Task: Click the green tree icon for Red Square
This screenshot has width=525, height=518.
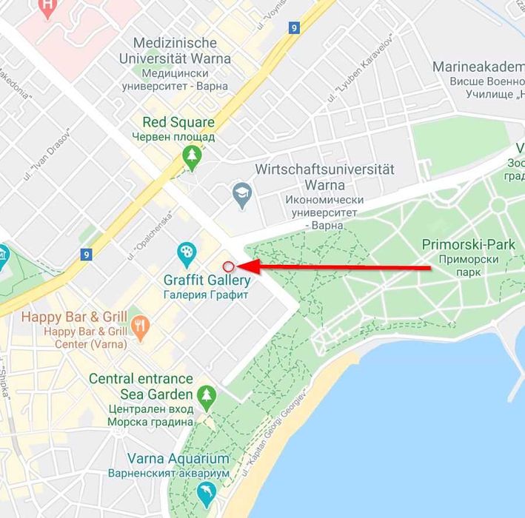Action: tap(193, 156)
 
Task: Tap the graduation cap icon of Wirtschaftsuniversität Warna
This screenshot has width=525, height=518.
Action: tap(241, 195)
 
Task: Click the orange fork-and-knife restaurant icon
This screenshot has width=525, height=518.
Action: tap(139, 324)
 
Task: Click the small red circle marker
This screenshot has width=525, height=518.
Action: tap(228, 266)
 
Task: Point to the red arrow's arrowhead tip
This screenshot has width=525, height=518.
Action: tap(238, 266)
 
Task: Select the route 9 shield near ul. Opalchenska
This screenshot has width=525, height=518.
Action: tap(87, 255)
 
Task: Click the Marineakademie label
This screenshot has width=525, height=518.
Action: tap(478, 67)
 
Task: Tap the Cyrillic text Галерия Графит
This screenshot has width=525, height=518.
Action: tap(207, 295)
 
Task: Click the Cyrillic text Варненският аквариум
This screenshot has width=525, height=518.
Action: tap(178, 473)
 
